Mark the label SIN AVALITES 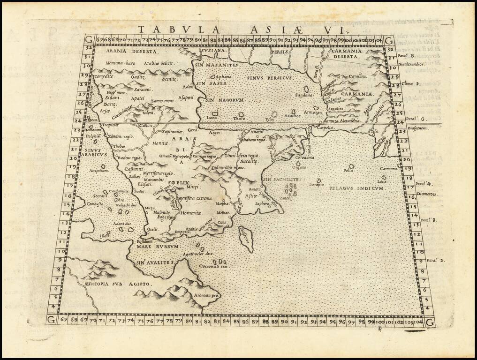pyautogui.click(x=155, y=262)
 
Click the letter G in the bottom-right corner pyautogui.click(x=430, y=322)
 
